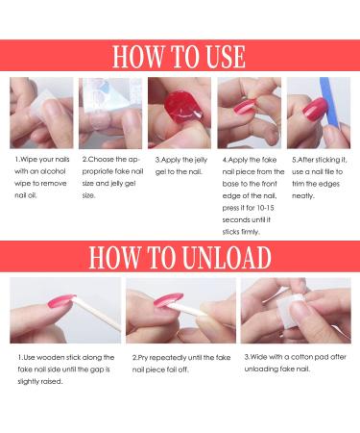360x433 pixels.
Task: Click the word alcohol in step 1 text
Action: click(x=52, y=171)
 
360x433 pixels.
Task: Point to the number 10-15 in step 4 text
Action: click(x=265, y=208)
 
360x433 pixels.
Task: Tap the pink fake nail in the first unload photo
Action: click(x=60, y=302)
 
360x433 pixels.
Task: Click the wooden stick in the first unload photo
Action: click(x=98, y=315)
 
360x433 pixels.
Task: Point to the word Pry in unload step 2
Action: click(x=143, y=358)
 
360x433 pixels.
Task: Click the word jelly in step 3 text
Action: click(x=201, y=160)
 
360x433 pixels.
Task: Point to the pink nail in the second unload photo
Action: click(x=168, y=300)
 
